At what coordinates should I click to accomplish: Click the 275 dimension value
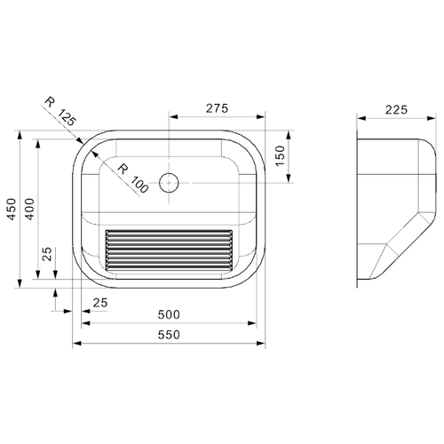217,108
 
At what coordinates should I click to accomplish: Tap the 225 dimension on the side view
396,110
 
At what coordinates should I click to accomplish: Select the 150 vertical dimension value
280,156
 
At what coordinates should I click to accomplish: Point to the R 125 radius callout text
60,112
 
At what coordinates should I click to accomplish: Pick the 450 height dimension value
12,209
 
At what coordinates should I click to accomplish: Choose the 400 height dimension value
29,209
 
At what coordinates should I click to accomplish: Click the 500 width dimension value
169,314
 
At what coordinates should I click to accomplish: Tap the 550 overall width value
169,335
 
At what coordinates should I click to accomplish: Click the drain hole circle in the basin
169,183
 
